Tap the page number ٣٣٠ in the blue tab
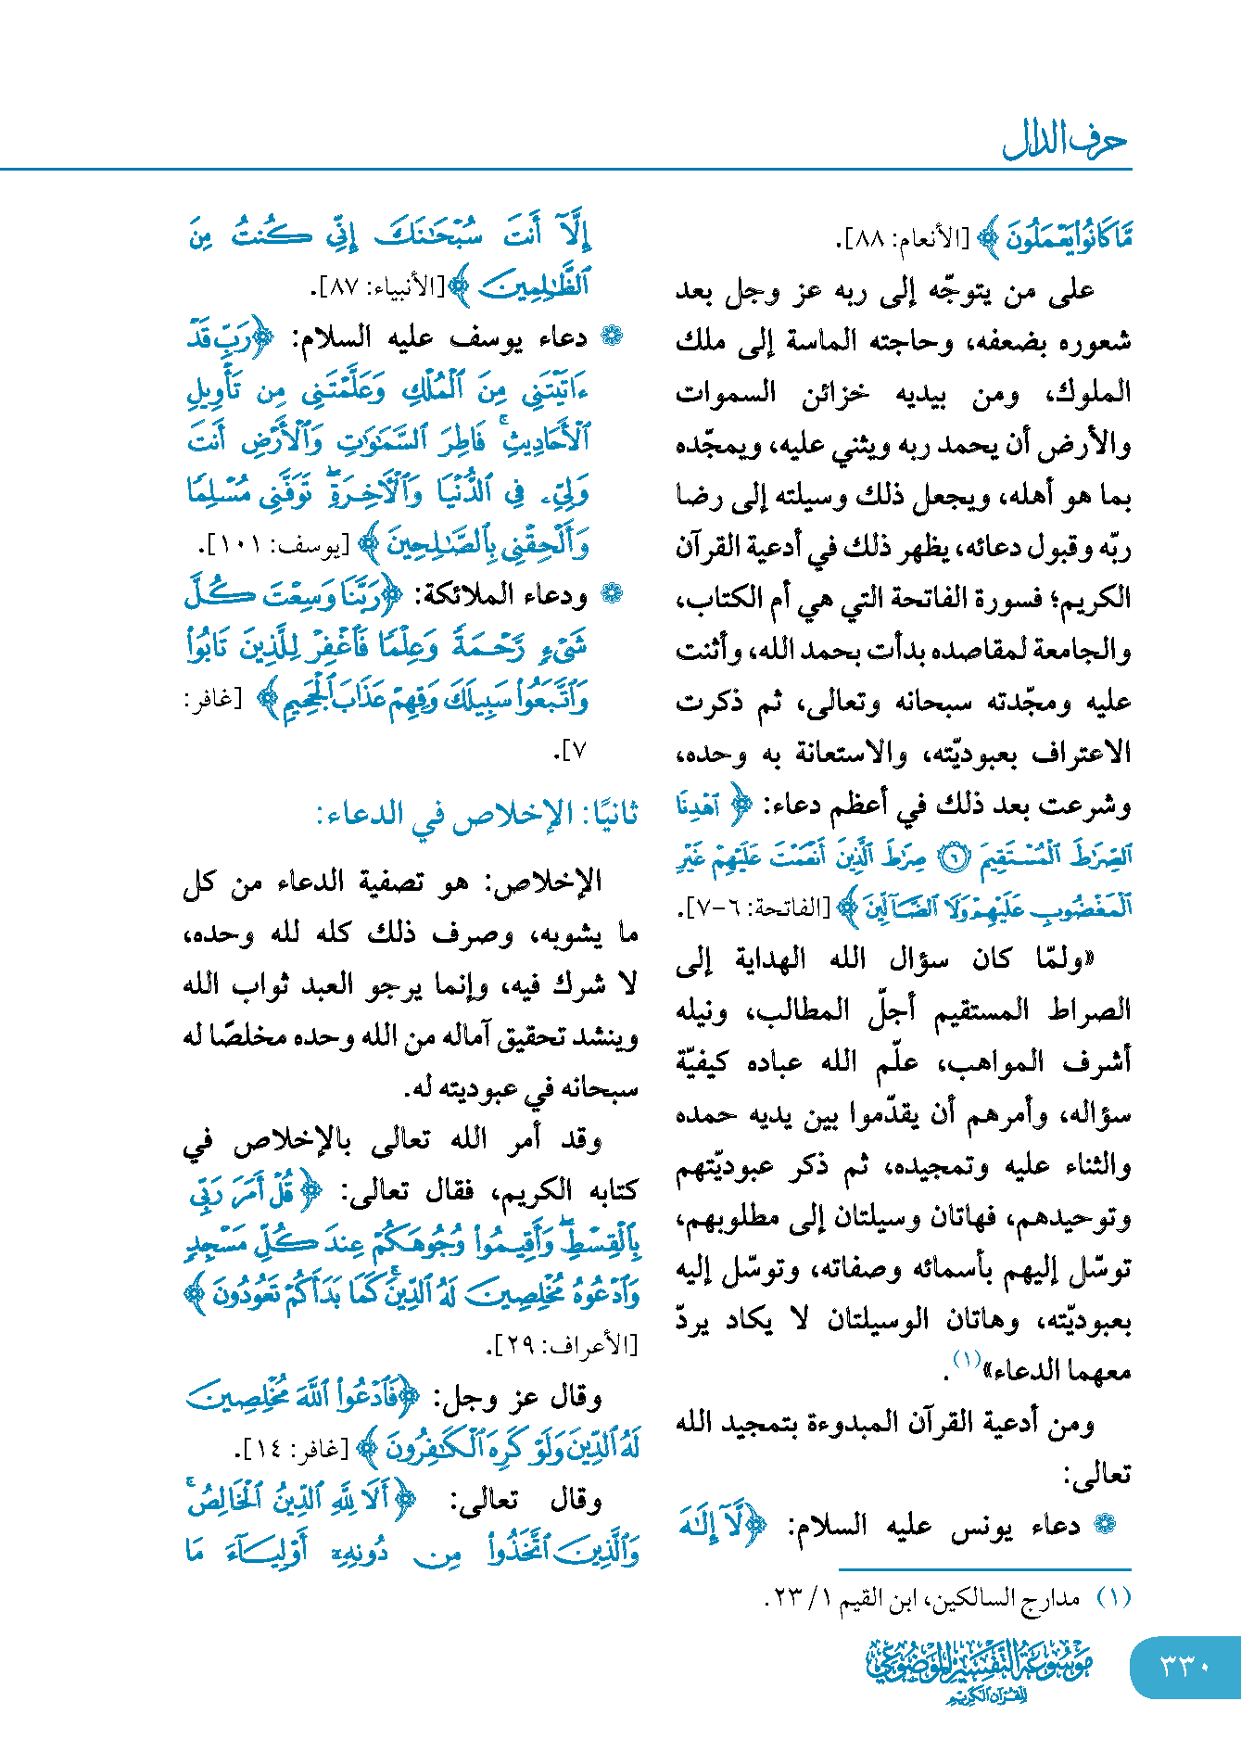click(x=1185, y=1666)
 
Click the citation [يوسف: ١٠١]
click(x=277, y=546)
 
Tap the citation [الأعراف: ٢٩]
click(x=563, y=1343)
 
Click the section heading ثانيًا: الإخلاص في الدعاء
click(x=477, y=815)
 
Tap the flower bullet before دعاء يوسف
click(x=611, y=336)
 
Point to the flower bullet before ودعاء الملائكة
click(x=611, y=595)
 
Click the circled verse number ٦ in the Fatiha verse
click(x=950, y=857)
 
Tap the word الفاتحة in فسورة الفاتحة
click(x=905, y=598)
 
